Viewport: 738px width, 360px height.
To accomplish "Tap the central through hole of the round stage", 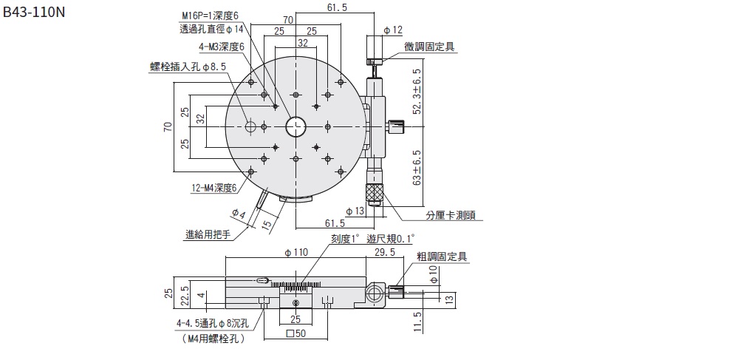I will [296, 127].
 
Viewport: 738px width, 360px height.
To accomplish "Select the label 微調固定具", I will [429, 47].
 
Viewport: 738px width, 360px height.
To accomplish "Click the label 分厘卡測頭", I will [451, 217].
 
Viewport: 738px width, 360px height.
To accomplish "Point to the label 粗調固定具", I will [442, 257].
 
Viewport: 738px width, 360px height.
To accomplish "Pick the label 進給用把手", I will [208, 235].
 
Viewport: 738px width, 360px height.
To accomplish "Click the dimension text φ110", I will [295, 252].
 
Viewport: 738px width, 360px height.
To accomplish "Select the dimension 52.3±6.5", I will [418, 92].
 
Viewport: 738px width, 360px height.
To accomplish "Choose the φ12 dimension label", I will [393, 30].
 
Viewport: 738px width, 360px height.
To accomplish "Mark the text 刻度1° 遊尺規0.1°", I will [373, 238].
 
